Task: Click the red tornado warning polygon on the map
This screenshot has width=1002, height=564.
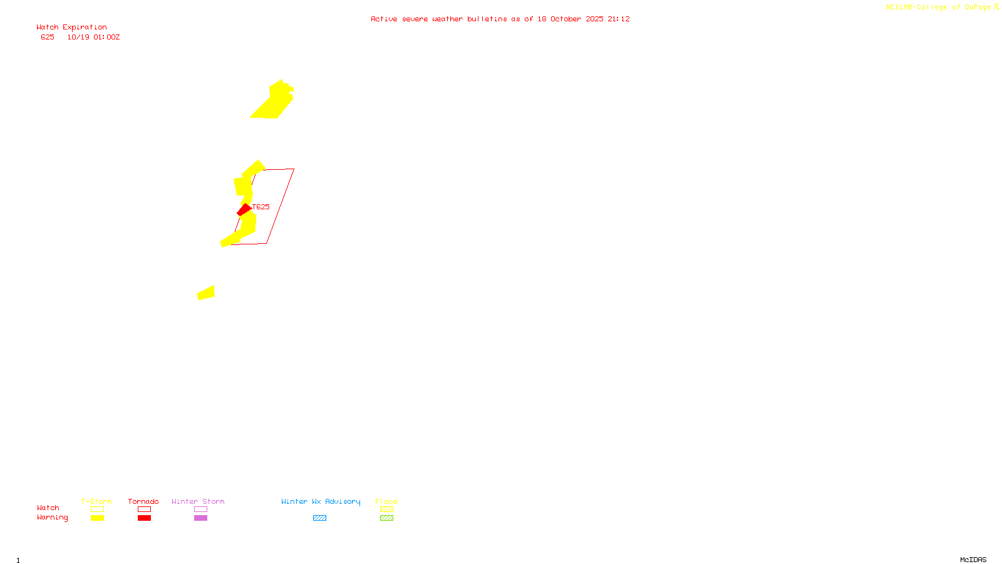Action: (243, 210)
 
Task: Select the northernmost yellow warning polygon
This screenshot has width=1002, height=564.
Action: (274, 102)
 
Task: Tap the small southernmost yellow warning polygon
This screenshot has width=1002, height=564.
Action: (207, 293)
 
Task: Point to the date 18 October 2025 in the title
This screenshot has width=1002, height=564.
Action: (570, 19)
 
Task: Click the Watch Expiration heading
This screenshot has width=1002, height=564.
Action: (71, 28)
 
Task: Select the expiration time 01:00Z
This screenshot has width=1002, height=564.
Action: (106, 38)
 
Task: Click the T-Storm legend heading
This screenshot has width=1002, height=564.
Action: (96, 501)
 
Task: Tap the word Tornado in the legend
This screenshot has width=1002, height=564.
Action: (143, 501)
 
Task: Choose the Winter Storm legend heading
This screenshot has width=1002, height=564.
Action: (198, 501)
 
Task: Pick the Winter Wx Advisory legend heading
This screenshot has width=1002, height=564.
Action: (321, 501)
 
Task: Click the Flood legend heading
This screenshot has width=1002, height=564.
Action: (386, 501)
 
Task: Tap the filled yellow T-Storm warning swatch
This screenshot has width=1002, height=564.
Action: (97, 518)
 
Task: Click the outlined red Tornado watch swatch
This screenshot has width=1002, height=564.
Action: (144, 509)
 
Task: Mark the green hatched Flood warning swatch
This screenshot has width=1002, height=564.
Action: (386, 518)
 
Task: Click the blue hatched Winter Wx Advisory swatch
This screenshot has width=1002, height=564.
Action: (319, 518)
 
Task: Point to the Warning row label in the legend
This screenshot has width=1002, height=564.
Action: (52, 518)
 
